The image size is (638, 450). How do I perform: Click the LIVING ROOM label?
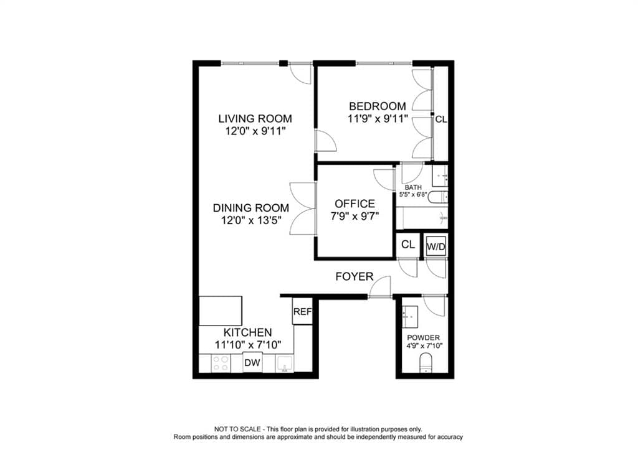point(255,118)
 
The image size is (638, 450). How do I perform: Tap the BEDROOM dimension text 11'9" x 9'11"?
point(378,118)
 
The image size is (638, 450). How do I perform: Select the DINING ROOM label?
point(251,207)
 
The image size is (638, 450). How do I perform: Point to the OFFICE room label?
point(355,204)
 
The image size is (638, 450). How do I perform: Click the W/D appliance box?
point(436,246)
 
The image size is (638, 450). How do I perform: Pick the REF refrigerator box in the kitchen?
point(302,312)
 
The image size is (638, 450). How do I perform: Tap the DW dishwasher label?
point(252,362)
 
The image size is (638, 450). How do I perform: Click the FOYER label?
point(354,276)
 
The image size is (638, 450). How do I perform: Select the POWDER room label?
point(423,338)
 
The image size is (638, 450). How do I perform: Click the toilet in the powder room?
point(426,363)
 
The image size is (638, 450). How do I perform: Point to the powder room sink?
point(411,316)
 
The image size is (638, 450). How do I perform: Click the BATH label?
point(413,187)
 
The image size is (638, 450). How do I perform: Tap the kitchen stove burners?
point(220,363)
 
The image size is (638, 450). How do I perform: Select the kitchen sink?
point(286,363)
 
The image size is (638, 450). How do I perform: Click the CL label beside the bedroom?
point(440,120)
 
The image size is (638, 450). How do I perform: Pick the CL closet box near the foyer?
point(408,245)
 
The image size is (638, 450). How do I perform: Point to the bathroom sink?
point(440,176)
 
